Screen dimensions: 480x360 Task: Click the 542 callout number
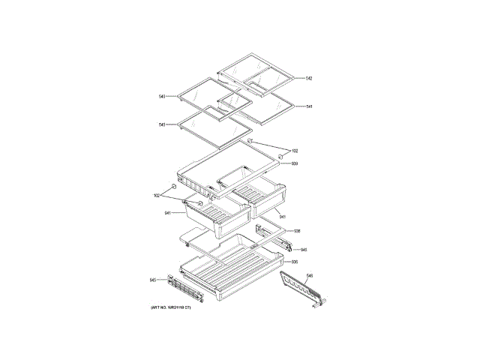coord(308,79)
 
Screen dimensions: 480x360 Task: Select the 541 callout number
coord(309,106)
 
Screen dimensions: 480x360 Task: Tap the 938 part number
coord(297,231)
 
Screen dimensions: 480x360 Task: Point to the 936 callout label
coord(295,262)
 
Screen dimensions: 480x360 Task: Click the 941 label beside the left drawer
coord(168,213)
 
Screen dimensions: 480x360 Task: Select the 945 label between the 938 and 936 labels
coord(304,250)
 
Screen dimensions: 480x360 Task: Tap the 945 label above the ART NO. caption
coord(153,280)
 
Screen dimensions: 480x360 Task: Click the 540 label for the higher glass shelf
coord(162,97)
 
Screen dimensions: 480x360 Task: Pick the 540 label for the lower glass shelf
coord(162,125)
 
